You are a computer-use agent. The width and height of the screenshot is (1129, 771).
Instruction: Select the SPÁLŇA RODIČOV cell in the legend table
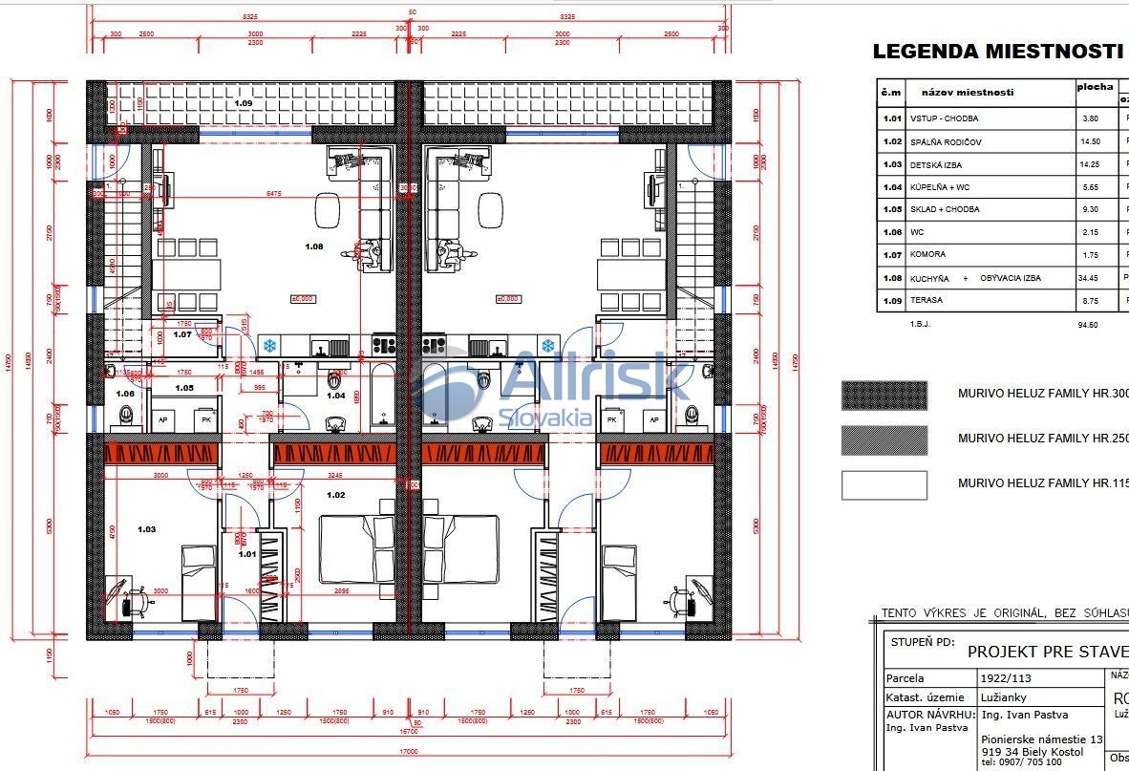click(x=946, y=141)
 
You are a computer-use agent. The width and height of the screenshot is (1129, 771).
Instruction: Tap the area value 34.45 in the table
click(x=1090, y=278)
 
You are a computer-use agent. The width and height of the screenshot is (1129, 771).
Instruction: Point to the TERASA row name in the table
click(x=927, y=300)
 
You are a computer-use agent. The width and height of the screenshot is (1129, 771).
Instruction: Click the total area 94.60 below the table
click(x=1087, y=325)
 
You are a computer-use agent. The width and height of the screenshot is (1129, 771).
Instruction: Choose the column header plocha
click(x=1095, y=87)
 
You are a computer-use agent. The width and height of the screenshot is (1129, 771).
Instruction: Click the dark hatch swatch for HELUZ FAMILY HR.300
click(x=884, y=395)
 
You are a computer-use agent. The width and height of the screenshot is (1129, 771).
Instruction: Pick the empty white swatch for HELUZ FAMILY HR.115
click(x=884, y=484)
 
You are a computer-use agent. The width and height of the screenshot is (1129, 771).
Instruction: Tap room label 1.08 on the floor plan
click(x=314, y=246)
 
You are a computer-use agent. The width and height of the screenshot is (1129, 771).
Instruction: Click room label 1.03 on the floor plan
click(x=146, y=529)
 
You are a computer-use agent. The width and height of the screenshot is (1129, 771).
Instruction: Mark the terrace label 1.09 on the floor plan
click(x=245, y=102)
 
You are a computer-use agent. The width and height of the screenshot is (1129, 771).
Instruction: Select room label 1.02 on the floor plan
click(x=335, y=495)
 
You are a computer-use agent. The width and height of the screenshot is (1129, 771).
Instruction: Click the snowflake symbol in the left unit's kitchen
click(x=270, y=344)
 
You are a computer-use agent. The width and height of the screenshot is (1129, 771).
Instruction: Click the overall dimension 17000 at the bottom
click(x=409, y=752)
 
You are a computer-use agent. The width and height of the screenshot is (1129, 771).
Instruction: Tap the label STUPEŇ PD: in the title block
click(x=922, y=643)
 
